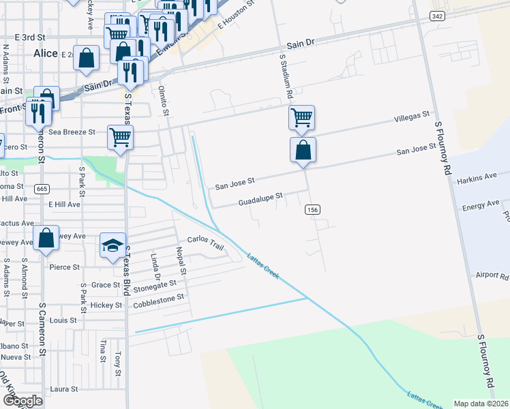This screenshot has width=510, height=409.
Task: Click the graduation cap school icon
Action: click(112, 245)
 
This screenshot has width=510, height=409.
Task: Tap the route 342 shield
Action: click(438, 15)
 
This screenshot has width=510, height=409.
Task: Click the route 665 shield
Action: click(42, 188)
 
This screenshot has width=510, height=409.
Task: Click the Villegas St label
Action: click(412, 119)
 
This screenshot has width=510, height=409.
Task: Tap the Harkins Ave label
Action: click(477, 177)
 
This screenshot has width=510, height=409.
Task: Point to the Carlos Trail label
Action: click(205, 243)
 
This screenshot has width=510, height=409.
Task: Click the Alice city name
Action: click(46, 52)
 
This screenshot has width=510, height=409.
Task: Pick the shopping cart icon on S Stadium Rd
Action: click(301, 117)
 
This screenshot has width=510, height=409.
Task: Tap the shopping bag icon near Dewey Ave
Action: click(46, 238)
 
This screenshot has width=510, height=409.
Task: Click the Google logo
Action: click(22, 401)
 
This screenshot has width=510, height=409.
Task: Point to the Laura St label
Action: click(64, 389)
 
